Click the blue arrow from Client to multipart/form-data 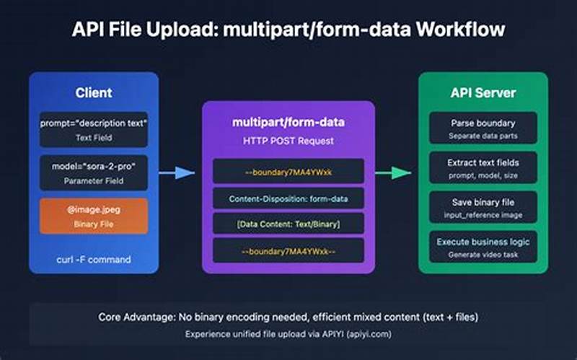coord(177,172)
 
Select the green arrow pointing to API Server coord(392,172)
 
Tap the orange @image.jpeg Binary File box coord(94,216)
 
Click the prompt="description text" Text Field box coord(94,129)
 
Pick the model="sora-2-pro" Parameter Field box coord(94,172)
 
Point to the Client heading coord(94,93)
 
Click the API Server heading coord(483,93)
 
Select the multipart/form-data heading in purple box coord(288,122)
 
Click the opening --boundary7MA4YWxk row coord(288,171)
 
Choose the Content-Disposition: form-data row coord(288,198)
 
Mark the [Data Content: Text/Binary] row coord(288,224)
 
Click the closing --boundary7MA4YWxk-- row coord(288,251)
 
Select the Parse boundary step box coord(483,128)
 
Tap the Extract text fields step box coord(483,167)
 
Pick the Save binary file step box coord(483,208)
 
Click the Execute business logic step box coord(483,247)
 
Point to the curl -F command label coord(94,258)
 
